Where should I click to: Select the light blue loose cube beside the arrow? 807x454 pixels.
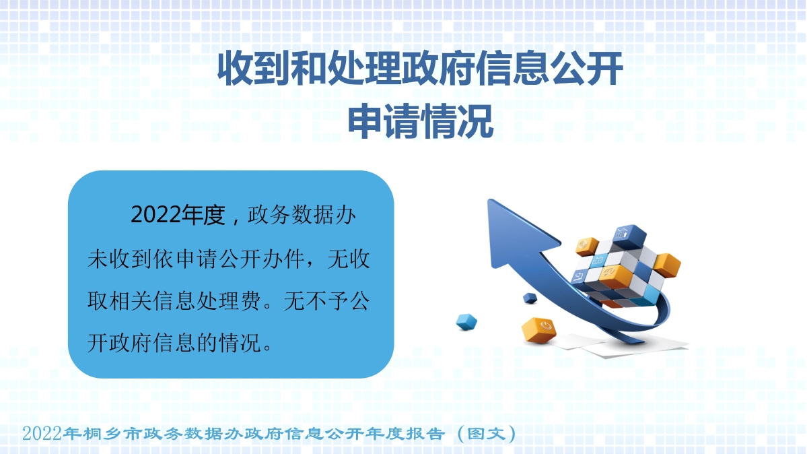(x=466, y=321)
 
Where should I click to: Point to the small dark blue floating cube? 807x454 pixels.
(x=530, y=297)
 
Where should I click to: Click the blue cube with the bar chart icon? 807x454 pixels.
(x=623, y=235)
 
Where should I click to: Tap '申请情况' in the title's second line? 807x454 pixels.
(x=420, y=123)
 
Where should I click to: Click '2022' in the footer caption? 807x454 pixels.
(x=42, y=432)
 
